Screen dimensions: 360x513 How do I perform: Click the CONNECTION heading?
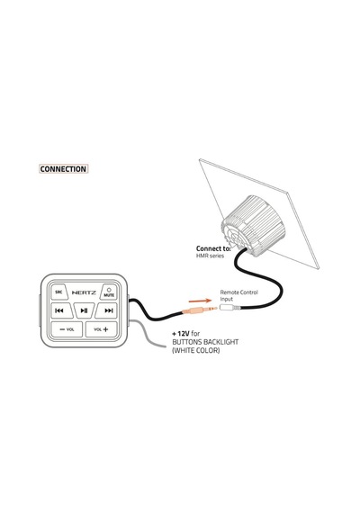coord(64,169)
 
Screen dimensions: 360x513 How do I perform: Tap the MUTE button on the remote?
coord(109,292)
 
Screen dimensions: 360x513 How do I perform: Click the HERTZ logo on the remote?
coord(84,292)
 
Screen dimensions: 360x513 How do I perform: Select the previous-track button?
coord(61,310)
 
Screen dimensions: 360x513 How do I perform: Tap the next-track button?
coord(106,310)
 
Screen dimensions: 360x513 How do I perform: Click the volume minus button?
coord(67,329)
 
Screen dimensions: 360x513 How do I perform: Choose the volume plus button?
coord(101,329)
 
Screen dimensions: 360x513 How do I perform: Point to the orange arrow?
coord(201,301)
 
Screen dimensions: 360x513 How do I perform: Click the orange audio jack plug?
coord(200,310)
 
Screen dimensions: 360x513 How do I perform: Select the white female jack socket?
coord(230,308)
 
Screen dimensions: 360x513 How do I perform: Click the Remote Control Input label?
coord(238,295)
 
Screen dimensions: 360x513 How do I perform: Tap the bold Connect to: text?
coord(213,248)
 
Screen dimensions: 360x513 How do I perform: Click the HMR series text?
coord(210,256)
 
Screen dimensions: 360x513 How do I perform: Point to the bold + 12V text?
coord(181,334)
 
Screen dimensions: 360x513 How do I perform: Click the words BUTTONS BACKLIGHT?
coord(205,342)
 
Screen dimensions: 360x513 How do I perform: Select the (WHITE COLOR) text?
coord(196,351)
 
